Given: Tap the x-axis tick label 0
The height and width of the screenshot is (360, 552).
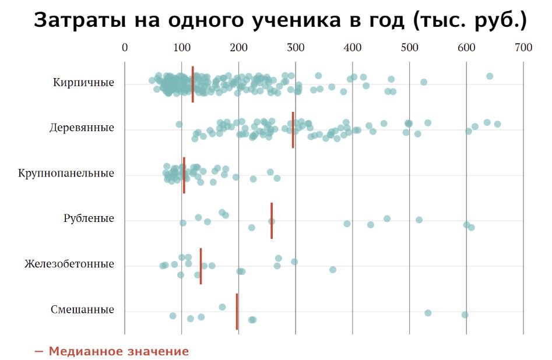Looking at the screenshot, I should coord(125,48).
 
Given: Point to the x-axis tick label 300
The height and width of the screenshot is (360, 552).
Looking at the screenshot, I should coord(296,48).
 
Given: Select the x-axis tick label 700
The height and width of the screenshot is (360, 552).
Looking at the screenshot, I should coord(523,48).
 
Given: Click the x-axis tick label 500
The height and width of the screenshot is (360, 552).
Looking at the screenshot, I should coord(409,48).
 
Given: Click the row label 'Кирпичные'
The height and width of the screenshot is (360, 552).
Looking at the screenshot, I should coord(83,83).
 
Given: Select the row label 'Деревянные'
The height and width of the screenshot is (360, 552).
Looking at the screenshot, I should coord(82,128).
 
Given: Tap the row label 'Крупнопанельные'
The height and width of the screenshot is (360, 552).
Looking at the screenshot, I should coord(66,174).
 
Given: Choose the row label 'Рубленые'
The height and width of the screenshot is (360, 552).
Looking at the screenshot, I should coord(89,219).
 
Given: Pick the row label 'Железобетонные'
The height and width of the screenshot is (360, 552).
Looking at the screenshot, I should coord(69,264).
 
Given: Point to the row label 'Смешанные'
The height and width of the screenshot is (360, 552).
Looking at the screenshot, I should coord(82,310).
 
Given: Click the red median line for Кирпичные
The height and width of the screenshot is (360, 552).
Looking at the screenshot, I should coord(193,84).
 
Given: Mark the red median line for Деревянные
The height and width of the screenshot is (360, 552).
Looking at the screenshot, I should coord(293,130).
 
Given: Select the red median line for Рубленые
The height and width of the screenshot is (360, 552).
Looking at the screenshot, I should coord(272,221).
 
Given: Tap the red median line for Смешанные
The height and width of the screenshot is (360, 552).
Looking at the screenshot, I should coord(237,312).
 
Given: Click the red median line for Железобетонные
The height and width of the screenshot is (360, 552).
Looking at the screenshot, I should coord(201,266).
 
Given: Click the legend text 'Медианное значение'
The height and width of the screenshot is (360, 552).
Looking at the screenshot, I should coord(119,352).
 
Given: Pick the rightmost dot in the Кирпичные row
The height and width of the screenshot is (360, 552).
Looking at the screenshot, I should coord(490,76).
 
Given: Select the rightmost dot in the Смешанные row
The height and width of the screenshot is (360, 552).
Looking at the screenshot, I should coord(465,315).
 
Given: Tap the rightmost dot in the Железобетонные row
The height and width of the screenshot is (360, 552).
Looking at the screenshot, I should coord(332,270).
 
